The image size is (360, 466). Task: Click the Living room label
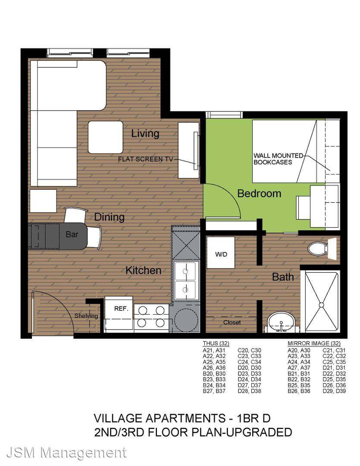point(145,134)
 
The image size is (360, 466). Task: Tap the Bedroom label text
point(259,193)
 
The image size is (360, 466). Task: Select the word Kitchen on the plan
point(143,271)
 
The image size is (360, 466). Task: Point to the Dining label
point(109,217)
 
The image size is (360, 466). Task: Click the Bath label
point(283,277)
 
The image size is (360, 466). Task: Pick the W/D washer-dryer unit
point(221,252)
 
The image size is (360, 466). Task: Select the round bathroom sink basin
point(281,321)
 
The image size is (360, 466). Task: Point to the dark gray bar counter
point(58,236)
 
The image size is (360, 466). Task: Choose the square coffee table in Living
point(106,137)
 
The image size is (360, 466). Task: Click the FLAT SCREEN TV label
point(146,159)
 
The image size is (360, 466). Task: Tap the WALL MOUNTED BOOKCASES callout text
point(278,159)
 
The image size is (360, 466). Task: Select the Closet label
point(232,322)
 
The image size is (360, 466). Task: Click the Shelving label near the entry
point(86,316)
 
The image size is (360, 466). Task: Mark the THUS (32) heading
point(216,343)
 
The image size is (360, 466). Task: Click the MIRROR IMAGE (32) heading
point(314,343)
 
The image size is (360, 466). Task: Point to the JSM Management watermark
point(66,453)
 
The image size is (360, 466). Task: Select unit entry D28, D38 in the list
point(250,391)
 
